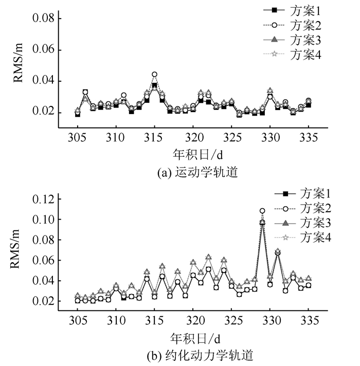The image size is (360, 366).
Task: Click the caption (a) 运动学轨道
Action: pyautogui.click(x=193, y=173)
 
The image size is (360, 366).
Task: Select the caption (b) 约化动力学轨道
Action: pyautogui.click(x=193, y=355)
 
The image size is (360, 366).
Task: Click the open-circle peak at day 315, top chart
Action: pyautogui.click(x=154, y=75)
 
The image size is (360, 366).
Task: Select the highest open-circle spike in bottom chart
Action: pyautogui.click(x=262, y=211)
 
